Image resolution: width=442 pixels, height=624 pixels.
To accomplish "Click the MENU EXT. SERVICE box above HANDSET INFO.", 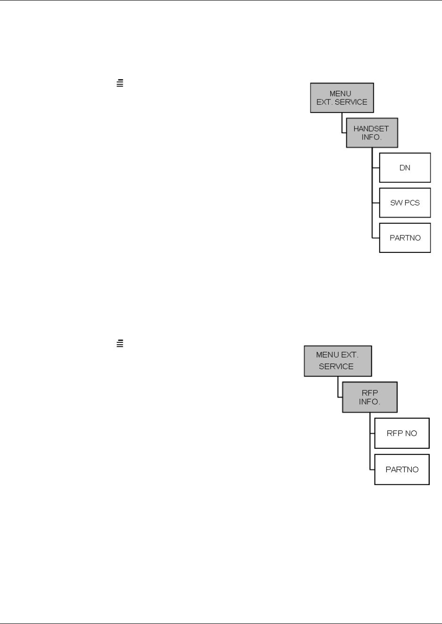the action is click(342, 98).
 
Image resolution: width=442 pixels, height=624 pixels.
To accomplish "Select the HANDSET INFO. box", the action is click(372, 133).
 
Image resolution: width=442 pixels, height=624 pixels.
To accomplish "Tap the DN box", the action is click(405, 168).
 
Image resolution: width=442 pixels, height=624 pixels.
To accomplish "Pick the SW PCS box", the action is click(405, 203).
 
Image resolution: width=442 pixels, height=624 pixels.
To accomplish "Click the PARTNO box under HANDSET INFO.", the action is click(405, 238).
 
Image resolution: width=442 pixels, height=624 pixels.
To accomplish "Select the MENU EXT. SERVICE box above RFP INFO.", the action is click(337, 361).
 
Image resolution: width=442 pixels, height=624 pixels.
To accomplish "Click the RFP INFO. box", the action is click(369, 397).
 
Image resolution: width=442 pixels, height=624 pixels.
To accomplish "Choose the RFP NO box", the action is click(401, 433).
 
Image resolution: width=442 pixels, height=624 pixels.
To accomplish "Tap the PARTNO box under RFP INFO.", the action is click(401, 470).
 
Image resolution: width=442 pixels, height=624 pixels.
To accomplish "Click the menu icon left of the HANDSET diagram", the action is click(120, 83).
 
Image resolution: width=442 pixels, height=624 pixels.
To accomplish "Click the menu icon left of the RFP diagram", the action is click(120, 344).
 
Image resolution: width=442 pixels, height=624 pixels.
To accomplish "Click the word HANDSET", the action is click(371, 129).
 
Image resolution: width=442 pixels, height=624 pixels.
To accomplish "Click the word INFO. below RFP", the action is click(369, 402).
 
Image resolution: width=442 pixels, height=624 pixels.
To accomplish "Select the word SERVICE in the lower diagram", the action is click(336, 366).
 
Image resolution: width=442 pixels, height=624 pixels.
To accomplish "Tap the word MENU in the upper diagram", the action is click(340, 94).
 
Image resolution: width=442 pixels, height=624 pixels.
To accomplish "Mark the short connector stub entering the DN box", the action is click(375, 168).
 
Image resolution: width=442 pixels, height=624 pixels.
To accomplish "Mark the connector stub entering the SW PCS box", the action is click(375, 203).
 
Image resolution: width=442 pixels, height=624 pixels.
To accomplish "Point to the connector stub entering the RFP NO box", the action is click(372, 433).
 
